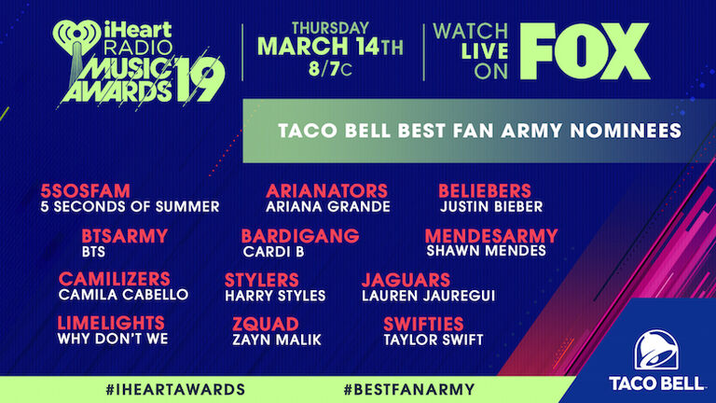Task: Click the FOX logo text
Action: (585, 51)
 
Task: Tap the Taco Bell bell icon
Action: (655, 350)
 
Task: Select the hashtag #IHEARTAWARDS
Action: (175, 390)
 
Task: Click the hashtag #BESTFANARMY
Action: (409, 390)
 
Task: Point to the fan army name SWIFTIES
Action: (423, 324)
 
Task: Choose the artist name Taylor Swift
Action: (434, 340)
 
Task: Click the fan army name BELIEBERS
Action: (485, 190)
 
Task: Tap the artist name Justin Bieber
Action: (491, 206)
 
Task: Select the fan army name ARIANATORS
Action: (326, 190)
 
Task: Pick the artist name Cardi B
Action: (273, 252)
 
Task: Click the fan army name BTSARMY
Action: (125, 236)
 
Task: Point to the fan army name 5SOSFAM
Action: (86, 190)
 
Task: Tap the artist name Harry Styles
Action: (275, 296)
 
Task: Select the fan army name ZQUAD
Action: (266, 324)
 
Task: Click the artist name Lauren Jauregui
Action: (428, 296)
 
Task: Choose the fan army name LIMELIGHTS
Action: (111, 323)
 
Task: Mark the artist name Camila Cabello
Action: (123, 294)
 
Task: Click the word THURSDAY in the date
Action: (330, 28)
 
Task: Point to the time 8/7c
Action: (330, 69)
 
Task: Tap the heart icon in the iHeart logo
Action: (76, 35)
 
